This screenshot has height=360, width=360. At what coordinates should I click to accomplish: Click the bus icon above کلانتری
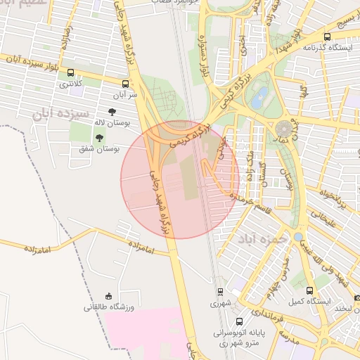[70, 72]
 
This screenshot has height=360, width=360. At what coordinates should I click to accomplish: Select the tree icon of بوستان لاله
[112, 112]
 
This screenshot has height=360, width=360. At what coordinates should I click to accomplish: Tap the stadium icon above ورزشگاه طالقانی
[108, 296]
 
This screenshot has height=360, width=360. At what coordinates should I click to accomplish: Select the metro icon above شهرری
[220, 292]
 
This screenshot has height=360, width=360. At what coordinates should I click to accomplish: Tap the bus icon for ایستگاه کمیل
[310, 290]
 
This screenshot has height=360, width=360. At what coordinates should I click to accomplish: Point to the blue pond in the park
[261, 94]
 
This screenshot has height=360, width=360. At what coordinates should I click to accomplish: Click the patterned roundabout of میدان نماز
[285, 129]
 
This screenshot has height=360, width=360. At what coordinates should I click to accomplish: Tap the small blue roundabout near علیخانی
[299, 237]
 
